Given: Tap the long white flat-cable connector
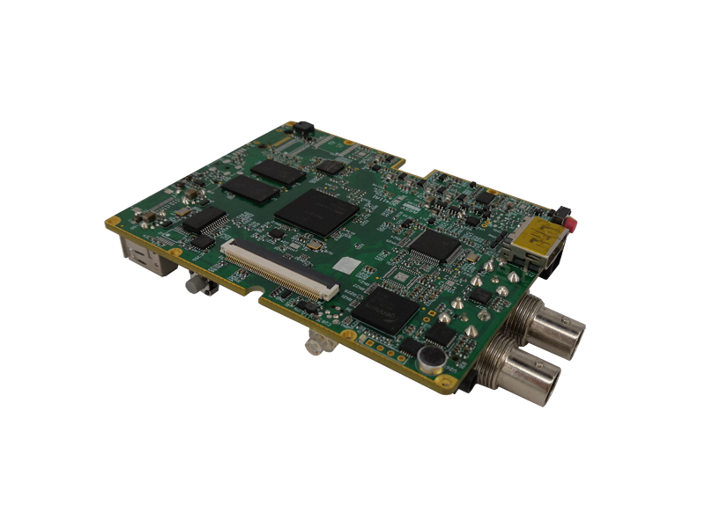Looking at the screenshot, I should click(x=278, y=268).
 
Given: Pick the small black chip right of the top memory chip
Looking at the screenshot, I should click(x=330, y=165).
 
